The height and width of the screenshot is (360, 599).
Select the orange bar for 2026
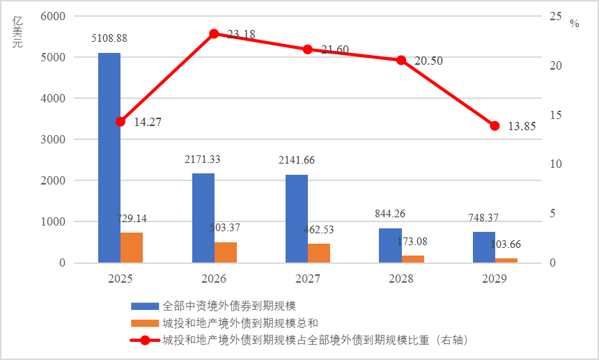click(x=226, y=252)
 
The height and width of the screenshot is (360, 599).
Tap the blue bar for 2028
click(x=390, y=245)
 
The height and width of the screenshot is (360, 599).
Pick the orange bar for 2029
click(x=506, y=260)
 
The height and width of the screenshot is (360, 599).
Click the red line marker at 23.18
click(x=214, y=33)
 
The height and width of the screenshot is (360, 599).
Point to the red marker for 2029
click(x=495, y=126)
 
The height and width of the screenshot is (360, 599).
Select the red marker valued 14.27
click(x=120, y=121)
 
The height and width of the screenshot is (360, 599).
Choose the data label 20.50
click(x=428, y=61)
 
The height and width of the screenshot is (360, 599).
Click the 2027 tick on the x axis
click(x=307, y=279)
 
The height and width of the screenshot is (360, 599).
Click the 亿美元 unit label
click(x=17, y=32)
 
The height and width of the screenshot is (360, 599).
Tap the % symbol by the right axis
click(x=574, y=24)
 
